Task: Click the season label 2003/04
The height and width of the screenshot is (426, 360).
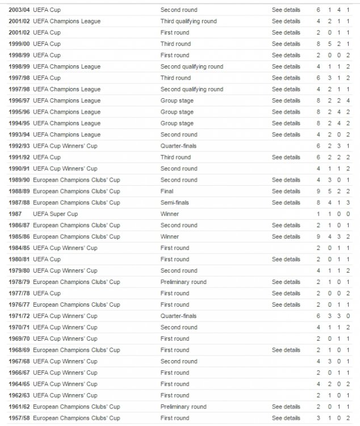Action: [19, 10]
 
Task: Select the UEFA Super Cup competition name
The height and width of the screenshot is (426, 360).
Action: [56, 214]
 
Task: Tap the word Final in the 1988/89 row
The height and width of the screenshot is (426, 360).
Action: [167, 191]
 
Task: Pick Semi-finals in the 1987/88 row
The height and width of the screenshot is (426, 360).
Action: [175, 203]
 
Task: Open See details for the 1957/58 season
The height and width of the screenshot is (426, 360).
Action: [286, 419]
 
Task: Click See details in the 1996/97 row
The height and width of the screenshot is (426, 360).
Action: [286, 101]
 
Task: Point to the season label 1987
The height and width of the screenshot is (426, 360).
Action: [16, 214]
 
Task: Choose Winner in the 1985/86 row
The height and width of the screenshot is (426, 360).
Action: [170, 237]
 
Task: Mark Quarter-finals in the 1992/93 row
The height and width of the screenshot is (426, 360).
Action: [178, 146]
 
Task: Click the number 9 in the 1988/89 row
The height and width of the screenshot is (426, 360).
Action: [319, 191]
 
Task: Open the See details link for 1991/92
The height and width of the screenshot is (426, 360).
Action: [286, 157]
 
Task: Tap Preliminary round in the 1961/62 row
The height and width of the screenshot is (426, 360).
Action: [183, 407]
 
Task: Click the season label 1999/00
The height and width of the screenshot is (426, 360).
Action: [19, 44]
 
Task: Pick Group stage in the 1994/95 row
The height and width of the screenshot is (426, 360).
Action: [177, 123]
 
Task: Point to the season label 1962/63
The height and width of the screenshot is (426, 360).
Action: [19, 396]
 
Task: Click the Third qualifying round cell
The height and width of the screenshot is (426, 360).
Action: [189, 22]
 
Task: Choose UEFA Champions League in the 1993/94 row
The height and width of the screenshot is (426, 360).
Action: [67, 135]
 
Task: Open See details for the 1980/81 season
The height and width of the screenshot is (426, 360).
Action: [286, 260]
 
